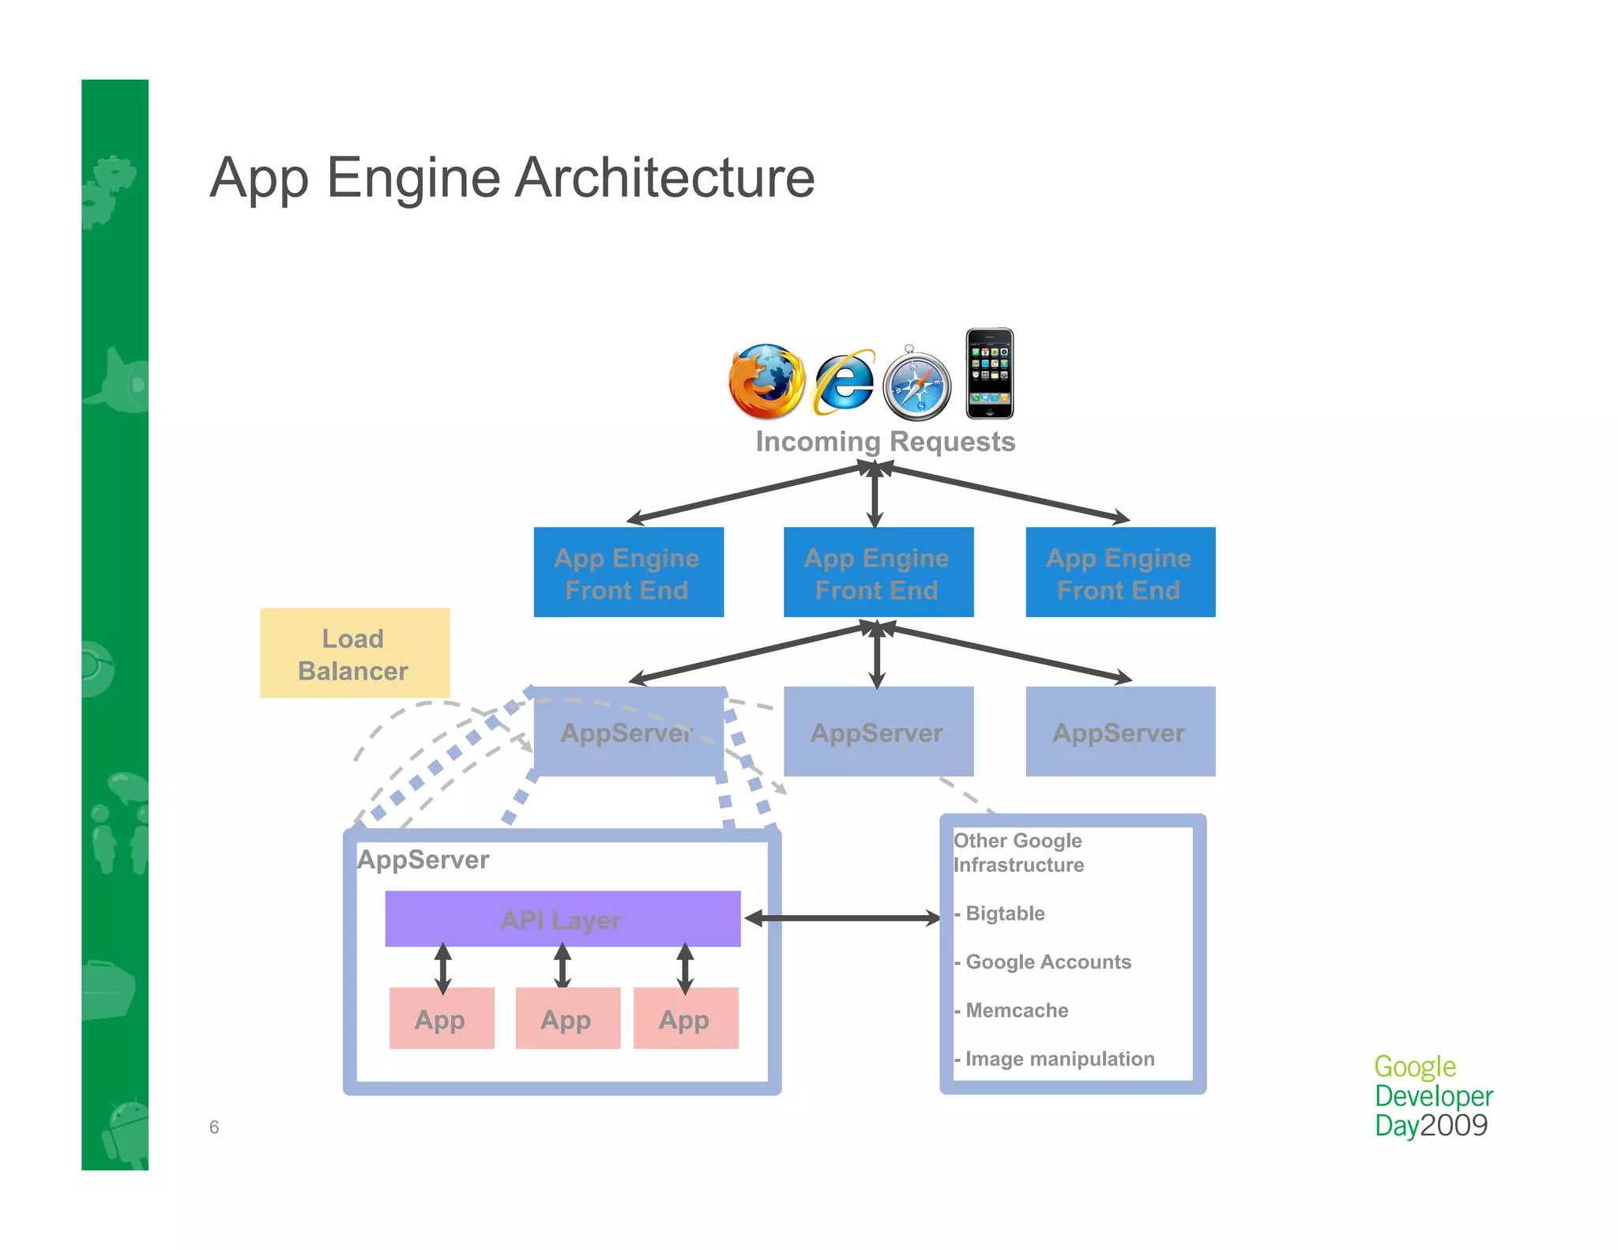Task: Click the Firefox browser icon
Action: pos(766,381)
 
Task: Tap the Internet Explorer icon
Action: pos(844,382)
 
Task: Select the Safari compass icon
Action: pos(916,386)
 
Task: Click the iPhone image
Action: pos(989,373)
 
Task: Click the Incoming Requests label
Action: pos(885,441)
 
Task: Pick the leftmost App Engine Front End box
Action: pos(628,572)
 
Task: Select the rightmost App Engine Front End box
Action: pos(1119,572)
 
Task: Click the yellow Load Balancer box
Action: pos(355,653)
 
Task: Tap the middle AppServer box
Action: pos(878,732)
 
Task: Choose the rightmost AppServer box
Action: pos(1119,732)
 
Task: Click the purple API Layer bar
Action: pos(562,919)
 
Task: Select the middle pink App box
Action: pos(566,1018)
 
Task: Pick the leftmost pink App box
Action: pos(441,1018)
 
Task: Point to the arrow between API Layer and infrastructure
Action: pos(842,918)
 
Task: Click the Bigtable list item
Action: pos(1003,913)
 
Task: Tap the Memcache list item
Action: pos(1015,1011)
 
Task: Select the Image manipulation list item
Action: pos(1058,1059)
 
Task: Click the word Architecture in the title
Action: pos(664,178)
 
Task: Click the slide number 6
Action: pos(214,1128)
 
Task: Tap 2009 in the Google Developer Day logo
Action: pos(1454,1125)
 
